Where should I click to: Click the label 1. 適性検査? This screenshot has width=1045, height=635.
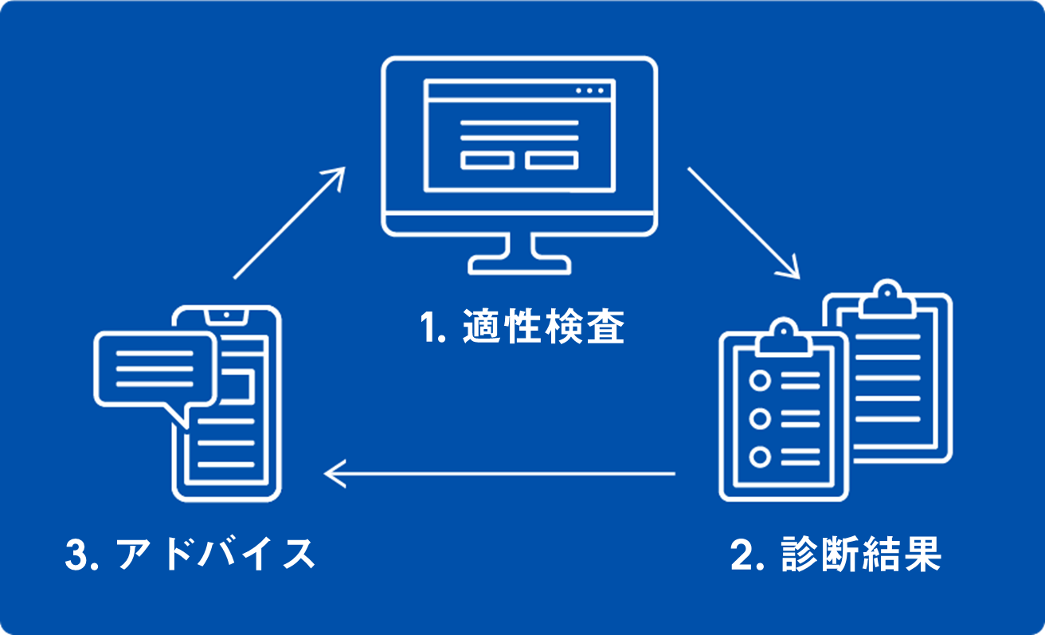tap(522, 327)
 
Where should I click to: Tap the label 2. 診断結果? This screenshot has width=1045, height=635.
tap(836, 554)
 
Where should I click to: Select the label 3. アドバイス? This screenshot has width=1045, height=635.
tap(190, 554)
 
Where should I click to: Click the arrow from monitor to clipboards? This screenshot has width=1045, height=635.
tap(744, 223)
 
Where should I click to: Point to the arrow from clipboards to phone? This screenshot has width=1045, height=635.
tap(499, 473)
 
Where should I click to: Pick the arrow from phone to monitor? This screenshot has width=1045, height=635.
tap(289, 223)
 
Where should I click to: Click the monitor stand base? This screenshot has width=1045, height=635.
tap(519, 265)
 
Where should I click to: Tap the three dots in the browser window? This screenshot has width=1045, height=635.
tap(589, 91)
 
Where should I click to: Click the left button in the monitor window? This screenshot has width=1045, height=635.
tap(487, 160)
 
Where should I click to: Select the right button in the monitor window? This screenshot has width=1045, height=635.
tap(552, 160)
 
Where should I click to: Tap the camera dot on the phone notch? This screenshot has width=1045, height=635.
tap(226, 315)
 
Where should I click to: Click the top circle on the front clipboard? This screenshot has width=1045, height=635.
tap(760, 381)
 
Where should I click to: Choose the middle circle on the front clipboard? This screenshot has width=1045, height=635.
tap(760, 418)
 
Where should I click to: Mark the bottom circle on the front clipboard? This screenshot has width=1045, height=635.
tap(760, 457)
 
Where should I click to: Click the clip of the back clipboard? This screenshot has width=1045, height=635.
tap(886, 300)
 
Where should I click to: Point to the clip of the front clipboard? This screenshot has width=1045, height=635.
tap(783, 338)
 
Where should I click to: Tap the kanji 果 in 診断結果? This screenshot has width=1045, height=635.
tap(923, 554)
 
